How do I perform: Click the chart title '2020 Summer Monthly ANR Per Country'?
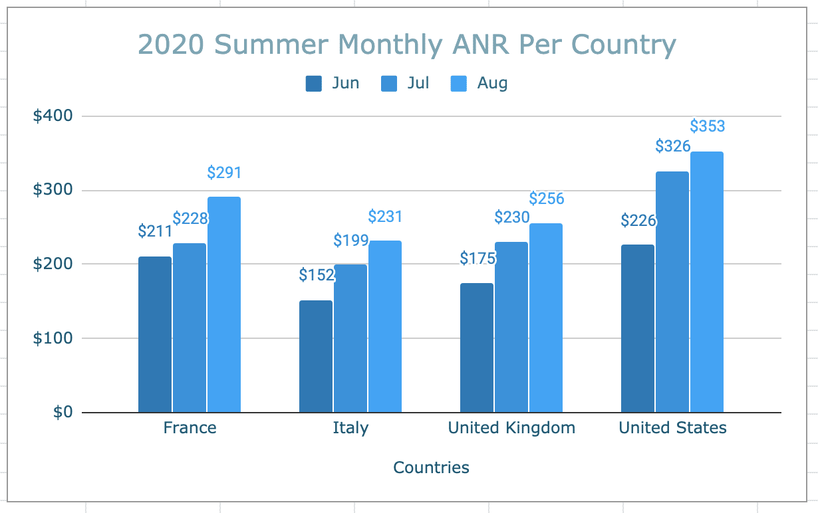407,45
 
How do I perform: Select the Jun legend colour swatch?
313,84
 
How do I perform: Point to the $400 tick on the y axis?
53,116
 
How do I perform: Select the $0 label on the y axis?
63,413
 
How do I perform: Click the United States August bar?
707,282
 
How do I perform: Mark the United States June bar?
638,328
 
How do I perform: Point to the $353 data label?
707,126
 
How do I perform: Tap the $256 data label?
546,199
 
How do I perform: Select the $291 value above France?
224,173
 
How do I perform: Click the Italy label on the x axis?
350,427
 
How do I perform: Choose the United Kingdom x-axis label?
511,427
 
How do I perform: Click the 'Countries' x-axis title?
431,467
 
